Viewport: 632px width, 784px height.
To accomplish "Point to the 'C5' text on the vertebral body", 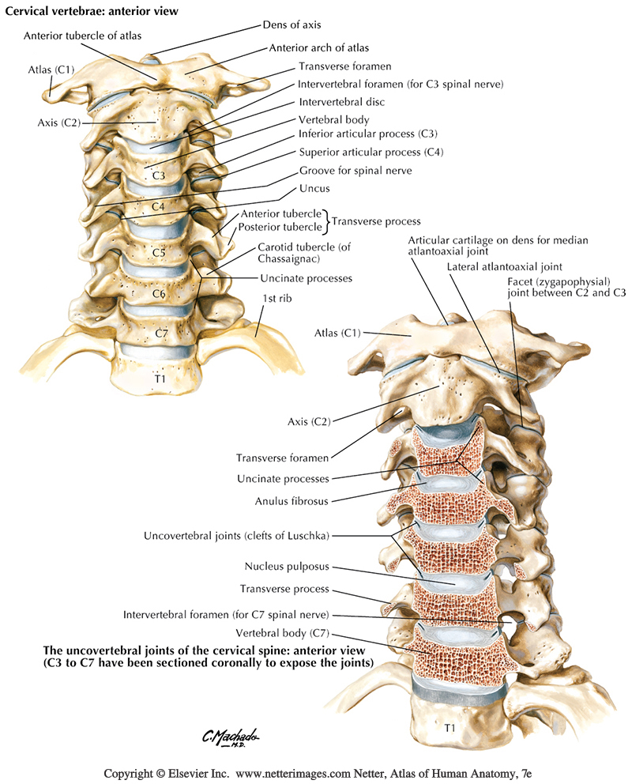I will tap(158, 253).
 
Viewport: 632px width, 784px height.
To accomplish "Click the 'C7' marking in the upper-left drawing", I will tap(161, 333).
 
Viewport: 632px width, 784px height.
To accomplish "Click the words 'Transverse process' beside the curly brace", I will tap(375, 220).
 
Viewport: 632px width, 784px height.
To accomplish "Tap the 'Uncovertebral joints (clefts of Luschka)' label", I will tap(235, 535).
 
